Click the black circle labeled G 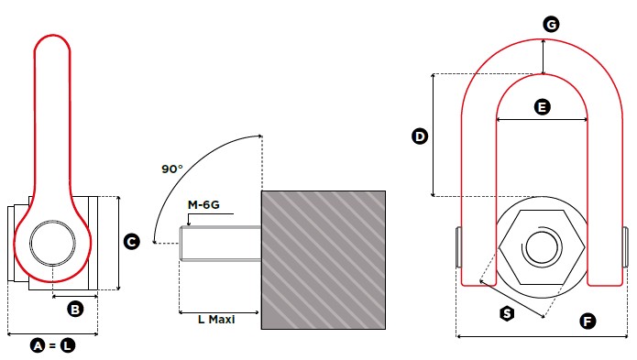[551, 25]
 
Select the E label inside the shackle [542, 107]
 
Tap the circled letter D [420, 136]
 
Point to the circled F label [588, 322]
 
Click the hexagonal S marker [507, 313]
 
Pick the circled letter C [132, 242]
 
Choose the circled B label [75, 310]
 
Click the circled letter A [38, 345]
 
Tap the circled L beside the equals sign [68, 345]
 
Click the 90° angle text [172, 169]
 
